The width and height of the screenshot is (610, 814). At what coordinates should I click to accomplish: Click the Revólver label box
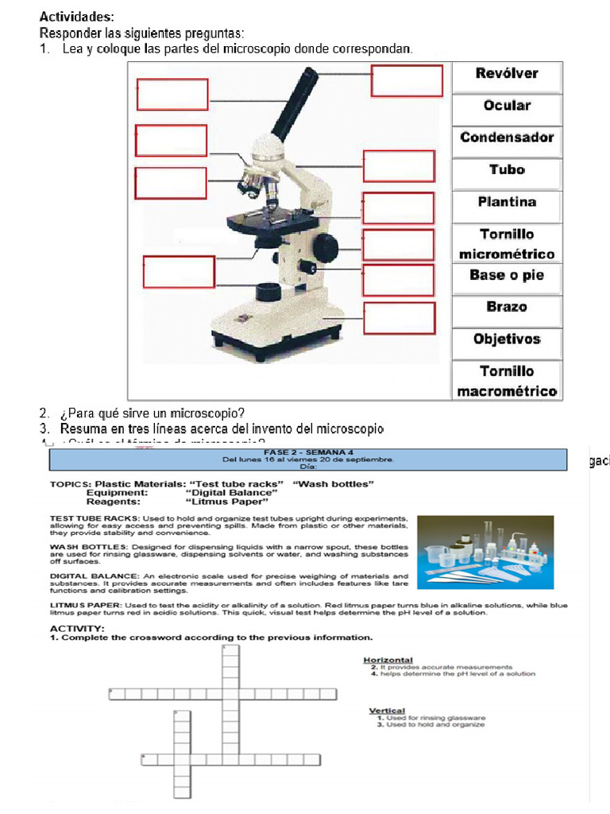coord(507,74)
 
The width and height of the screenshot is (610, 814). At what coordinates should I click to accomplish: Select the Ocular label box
coord(507,106)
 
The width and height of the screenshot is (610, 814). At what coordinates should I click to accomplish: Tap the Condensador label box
coord(507,138)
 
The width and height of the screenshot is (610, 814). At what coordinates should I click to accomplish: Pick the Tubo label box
coord(507,170)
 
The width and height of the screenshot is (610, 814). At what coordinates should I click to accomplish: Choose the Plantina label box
coord(507,202)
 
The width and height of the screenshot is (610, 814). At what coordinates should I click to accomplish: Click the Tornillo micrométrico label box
coord(507,244)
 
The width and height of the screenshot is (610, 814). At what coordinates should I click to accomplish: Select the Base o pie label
coord(507,275)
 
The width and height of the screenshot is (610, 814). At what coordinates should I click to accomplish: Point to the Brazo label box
coord(507,307)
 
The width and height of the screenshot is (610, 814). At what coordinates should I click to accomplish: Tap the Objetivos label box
coord(507,339)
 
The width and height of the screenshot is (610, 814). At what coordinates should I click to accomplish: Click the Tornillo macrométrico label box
coord(507,381)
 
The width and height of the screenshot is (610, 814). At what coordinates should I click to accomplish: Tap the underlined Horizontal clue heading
coord(388,660)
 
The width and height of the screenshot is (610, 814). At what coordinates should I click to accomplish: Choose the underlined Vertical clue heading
coord(387,711)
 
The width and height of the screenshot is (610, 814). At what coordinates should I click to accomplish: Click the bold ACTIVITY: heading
coord(77,629)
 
